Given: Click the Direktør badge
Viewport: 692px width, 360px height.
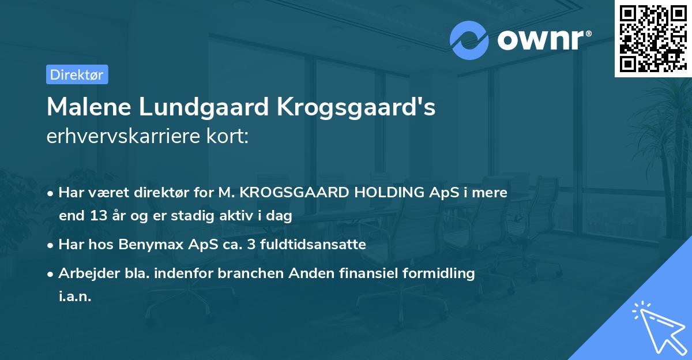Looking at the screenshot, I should tap(77, 74).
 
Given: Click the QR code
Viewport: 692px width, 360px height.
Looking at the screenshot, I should tap(653, 38).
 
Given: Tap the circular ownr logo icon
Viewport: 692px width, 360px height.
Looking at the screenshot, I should tap(469, 40).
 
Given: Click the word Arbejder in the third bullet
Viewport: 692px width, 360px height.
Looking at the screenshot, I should tap(84, 273).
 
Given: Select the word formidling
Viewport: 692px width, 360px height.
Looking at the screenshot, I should tap(442, 273).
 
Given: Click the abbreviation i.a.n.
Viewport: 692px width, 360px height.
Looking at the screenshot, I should tap(75, 297).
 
